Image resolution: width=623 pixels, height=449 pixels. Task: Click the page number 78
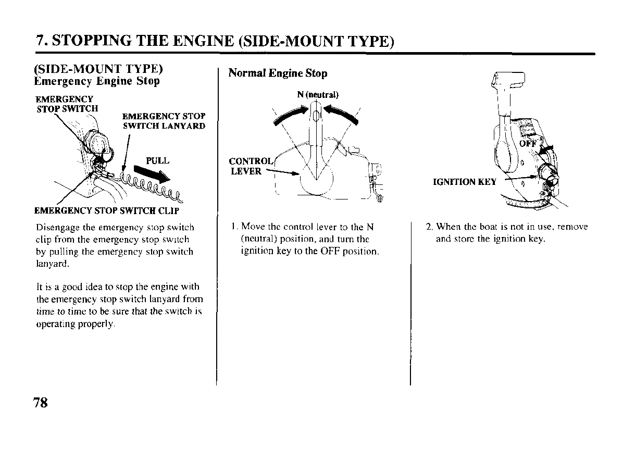41,402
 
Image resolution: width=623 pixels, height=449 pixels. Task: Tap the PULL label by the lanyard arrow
157,160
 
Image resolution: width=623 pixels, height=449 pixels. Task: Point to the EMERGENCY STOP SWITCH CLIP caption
106,211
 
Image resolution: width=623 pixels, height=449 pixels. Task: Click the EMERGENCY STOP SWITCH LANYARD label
164,121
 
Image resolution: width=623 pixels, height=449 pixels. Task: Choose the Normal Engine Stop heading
278,73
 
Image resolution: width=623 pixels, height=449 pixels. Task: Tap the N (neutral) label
318,95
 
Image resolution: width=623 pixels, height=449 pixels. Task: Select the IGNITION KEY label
465,182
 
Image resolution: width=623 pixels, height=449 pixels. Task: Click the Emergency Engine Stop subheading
96,81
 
